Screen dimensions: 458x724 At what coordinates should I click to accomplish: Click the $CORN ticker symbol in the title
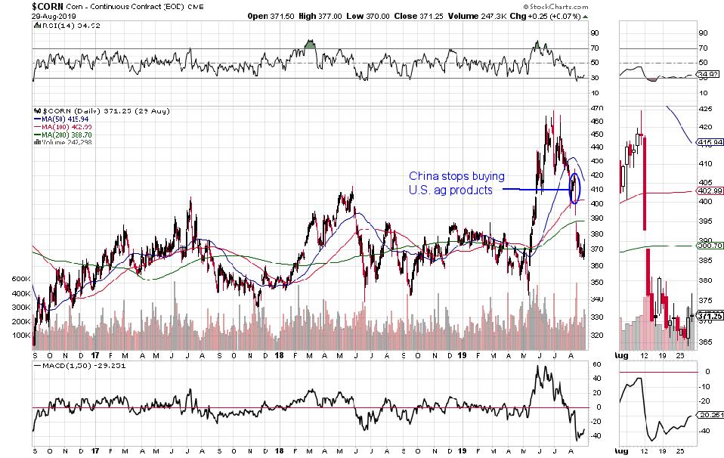[x=17, y=5]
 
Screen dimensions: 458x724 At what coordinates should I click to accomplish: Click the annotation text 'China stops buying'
[x=450, y=176]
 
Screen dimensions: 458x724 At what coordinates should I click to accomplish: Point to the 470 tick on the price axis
[x=596, y=108]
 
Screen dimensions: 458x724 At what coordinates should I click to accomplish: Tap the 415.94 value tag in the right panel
[x=705, y=142]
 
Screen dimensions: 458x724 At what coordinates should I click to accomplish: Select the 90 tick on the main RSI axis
[x=596, y=32]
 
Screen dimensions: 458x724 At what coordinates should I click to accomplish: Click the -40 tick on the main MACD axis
[x=596, y=435]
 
